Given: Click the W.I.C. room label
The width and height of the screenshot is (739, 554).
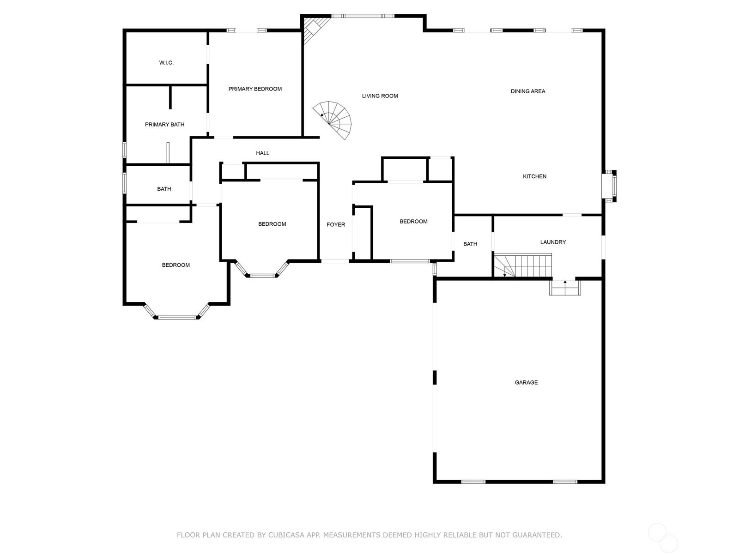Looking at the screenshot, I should click(x=166, y=63).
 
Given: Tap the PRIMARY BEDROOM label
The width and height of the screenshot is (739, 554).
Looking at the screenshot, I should click(x=255, y=89).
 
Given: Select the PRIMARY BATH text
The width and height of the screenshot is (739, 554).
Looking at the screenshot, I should click(x=164, y=125).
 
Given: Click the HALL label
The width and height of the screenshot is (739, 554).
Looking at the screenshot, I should click(x=262, y=153).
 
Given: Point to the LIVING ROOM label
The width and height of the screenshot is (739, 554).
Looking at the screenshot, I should click(x=380, y=96).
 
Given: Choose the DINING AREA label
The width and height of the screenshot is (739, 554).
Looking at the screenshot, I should click(x=527, y=91).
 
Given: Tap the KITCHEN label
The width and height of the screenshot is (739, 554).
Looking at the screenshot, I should click(x=534, y=176).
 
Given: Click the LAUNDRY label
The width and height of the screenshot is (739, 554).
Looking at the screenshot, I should click(x=553, y=242).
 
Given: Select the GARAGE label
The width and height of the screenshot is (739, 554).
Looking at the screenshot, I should click(x=526, y=383).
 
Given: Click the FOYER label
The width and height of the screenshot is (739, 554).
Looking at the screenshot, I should click(x=336, y=225).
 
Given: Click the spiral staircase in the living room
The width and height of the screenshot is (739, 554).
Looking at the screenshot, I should click(x=335, y=119).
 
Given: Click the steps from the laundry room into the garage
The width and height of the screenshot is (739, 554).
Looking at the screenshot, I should click(x=565, y=288).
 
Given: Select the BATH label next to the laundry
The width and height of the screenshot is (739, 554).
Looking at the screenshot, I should click(x=470, y=244).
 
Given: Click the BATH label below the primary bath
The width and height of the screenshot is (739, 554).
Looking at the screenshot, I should click(x=164, y=189).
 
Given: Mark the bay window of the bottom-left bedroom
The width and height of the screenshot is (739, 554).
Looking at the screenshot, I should click(x=177, y=317).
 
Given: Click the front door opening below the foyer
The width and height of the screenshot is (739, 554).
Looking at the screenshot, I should click(x=335, y=261).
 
